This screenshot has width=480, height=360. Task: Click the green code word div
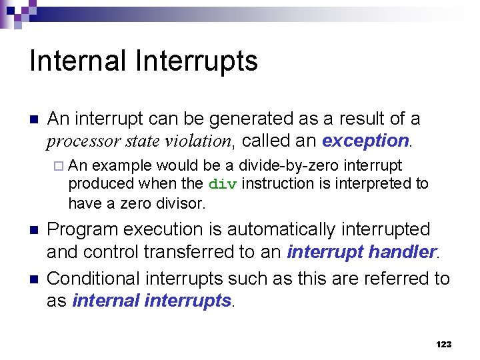[x=222, y=184]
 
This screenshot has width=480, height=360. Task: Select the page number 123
[x=443, y=344]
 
